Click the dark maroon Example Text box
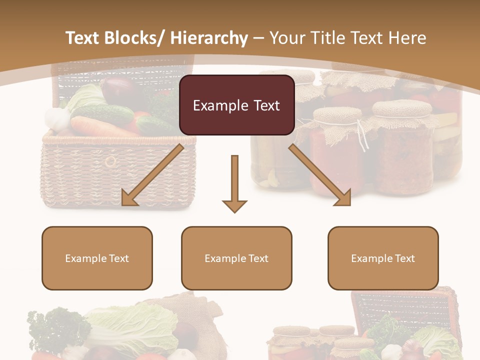pyautogui.click(x=236, y=105)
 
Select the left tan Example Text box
pyautogui.click(x=97, y=258)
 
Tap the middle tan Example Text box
pyautogui.click(x=236, y=258)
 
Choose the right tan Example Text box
pyautogui.click(x=383, y=258)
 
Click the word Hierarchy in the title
pyautogui.click(x=209, y=38)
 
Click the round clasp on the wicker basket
pyautogui.click(x=110, y=161)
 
